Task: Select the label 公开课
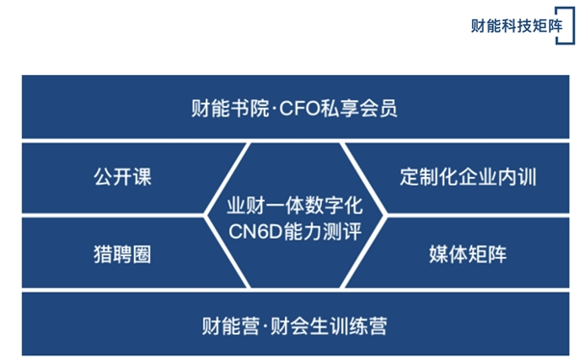122,178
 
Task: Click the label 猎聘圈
122,254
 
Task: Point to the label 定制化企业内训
467,178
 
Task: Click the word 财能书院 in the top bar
226,108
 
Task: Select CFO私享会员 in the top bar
337,108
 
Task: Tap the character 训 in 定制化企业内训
526,178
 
